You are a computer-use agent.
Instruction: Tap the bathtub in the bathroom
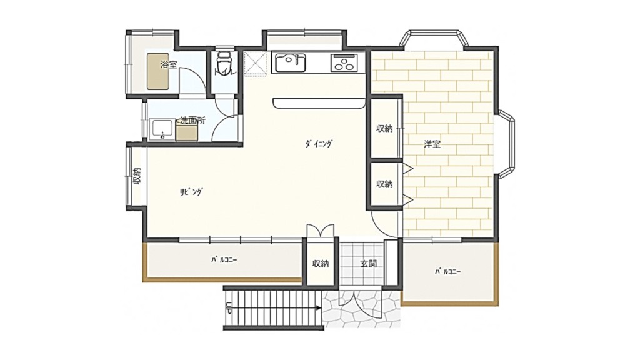[x=158, y=71]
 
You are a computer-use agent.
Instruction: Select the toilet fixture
[x=224, y=63]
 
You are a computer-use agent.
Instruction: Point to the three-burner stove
[x=344, y=62]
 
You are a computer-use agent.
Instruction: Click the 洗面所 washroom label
[x=192, y=121]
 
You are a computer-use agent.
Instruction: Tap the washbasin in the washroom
[x=162, y=130]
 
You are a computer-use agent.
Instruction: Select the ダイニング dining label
[x=318, y=144]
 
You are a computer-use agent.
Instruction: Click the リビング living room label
[x=191, y=192]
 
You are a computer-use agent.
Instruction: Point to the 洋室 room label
[x=432, y=144]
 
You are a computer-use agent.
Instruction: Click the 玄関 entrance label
[x=368, y=264]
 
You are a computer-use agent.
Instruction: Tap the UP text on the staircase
[x=229, y=307]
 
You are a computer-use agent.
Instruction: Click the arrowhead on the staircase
[x=318, y=308]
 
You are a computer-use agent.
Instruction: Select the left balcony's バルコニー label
[x=224, y=260]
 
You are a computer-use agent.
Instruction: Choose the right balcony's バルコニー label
[x=447, y=271]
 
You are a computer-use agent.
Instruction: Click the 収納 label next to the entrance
[x=321, y=264]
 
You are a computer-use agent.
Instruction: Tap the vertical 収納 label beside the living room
[x=136, y=176]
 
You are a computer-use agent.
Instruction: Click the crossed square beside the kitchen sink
[x=255, y=64]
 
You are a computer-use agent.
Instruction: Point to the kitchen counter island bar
[x=319, y=103]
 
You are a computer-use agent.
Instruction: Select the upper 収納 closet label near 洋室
[x=384, y=128]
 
